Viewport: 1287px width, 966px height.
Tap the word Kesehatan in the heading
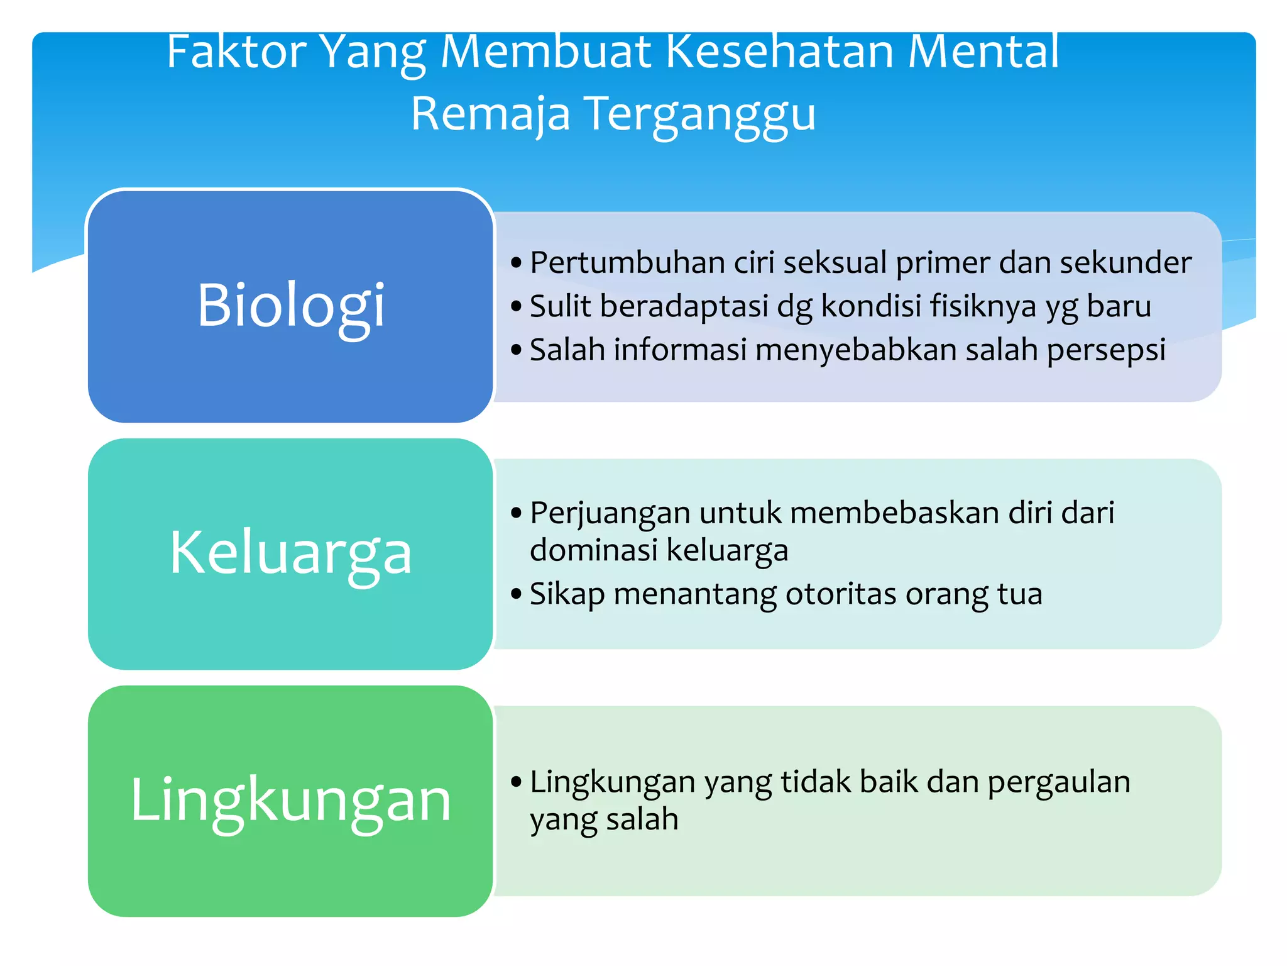(779, 52)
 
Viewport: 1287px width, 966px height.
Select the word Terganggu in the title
(701, 114)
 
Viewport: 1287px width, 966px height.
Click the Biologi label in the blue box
(290, 306)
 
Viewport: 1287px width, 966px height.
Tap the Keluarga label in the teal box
(290, 553)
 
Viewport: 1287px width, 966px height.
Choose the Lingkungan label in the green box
(290, 800)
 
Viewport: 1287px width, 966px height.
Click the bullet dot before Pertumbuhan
(517, 263)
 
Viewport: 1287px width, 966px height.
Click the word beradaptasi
(684, 306)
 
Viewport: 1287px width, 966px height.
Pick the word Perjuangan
(610, 513)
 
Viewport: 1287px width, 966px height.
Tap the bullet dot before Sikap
(517, 594)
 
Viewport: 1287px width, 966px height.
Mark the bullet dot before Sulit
(517, 307)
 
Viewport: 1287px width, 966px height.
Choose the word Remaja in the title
(491, 114)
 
